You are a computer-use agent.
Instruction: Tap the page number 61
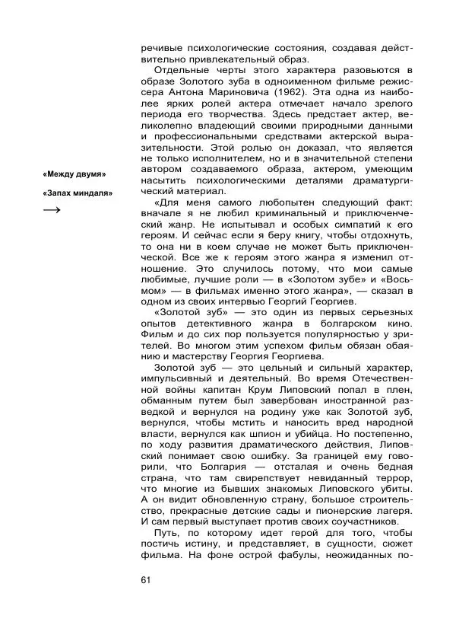[x=147, y=581]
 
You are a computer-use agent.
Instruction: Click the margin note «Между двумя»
[x=74, y=174]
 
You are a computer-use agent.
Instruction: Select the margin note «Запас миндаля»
[x=78, y=193]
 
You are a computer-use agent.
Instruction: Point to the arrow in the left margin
[x=52, y=211]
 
